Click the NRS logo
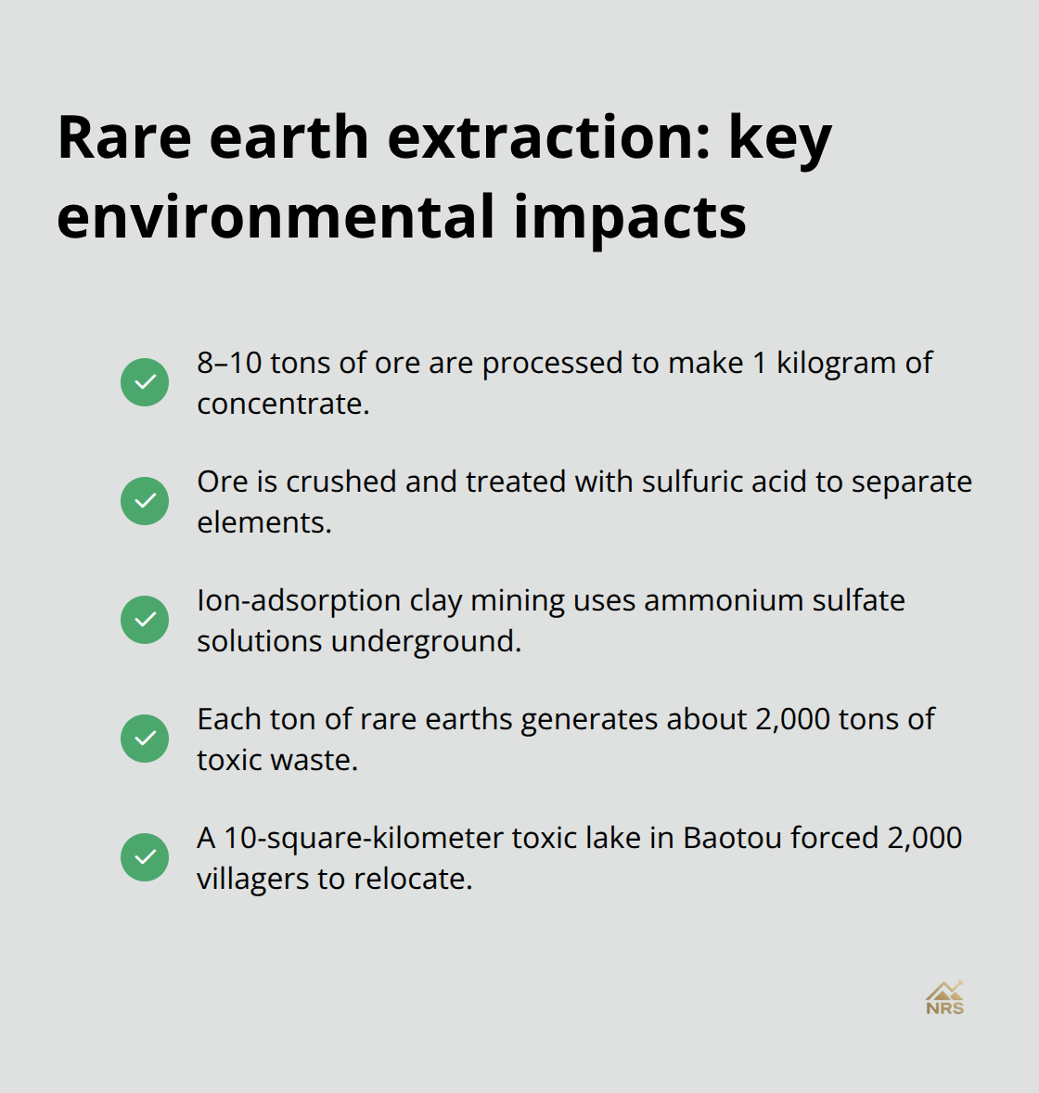(944, 998)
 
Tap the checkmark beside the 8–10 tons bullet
(145, 382)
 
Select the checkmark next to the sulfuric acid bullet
(145, 501)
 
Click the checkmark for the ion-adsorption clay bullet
(145, 620)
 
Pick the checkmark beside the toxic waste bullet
(145, 739)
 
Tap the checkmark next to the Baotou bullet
(145, 857)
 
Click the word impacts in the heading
(630, 217)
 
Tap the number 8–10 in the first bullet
(229, 363)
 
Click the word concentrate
(283, 404)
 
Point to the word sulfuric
(697, 482)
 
